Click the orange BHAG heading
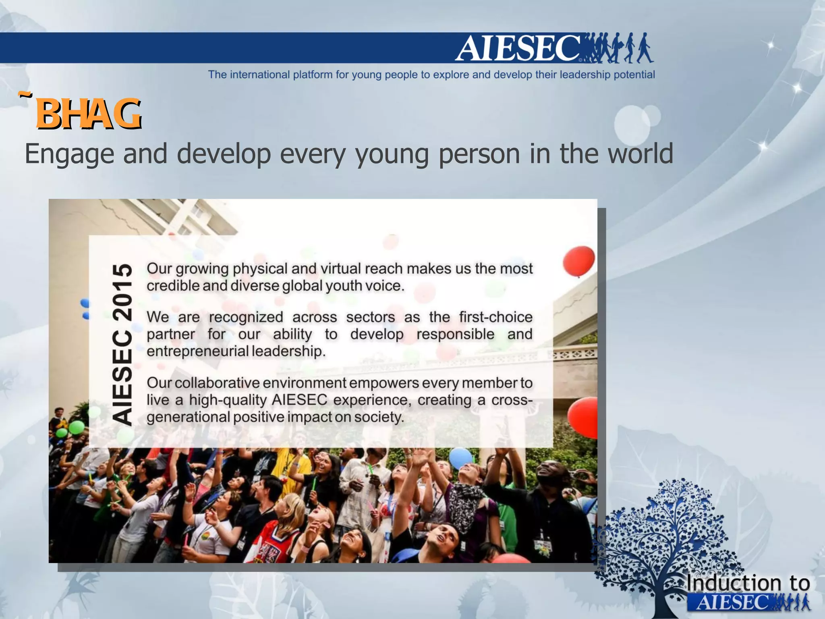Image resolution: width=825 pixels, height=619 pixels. pyautogui.click(x=89, y=114)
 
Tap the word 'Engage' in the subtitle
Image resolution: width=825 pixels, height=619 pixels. pyautogui.click(x=69, y=154)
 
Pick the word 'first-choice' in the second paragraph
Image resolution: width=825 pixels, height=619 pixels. pyautogui.click(x=495, y=317)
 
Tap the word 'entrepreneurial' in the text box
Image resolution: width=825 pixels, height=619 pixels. pyautogui.click(x=197, y=351)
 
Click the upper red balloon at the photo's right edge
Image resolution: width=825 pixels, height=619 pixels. pyautogui.click(x=578, y=261)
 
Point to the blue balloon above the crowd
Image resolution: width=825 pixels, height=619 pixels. pyautogui.click(x=460, y=458)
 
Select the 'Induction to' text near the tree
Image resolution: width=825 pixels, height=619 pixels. pyautogui.click(x=748, y=583)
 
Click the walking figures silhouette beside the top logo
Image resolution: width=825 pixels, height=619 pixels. pyautogui.click(x=618, y=48)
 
